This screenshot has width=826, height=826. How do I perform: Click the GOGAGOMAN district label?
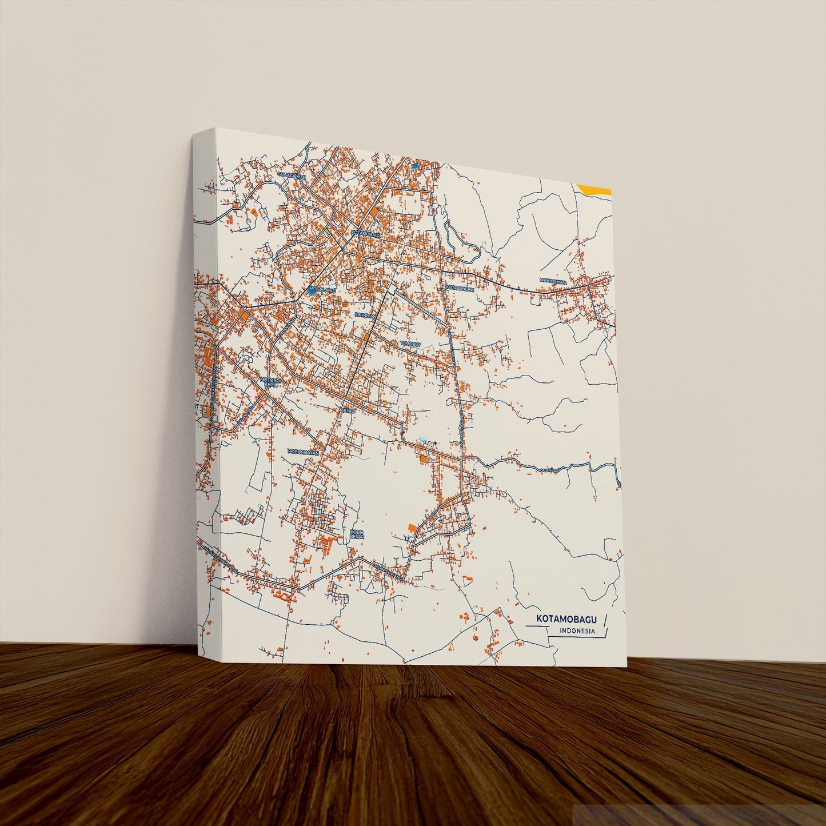(292, 175)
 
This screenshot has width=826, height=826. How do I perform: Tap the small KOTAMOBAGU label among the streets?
(365, 233)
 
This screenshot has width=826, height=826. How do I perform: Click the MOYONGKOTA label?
(553, 281)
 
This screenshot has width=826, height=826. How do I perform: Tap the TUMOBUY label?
(410, 344)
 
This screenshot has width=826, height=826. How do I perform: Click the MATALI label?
(348, 410)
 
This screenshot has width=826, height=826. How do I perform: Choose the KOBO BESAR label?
(356, 534)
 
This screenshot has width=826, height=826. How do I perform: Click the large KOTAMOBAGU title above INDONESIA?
(566, 619)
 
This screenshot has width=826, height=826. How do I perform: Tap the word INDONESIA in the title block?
(577, 632)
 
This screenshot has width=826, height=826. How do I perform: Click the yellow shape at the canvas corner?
(594, 189)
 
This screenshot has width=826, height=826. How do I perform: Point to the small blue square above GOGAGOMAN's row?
(415, 165)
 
